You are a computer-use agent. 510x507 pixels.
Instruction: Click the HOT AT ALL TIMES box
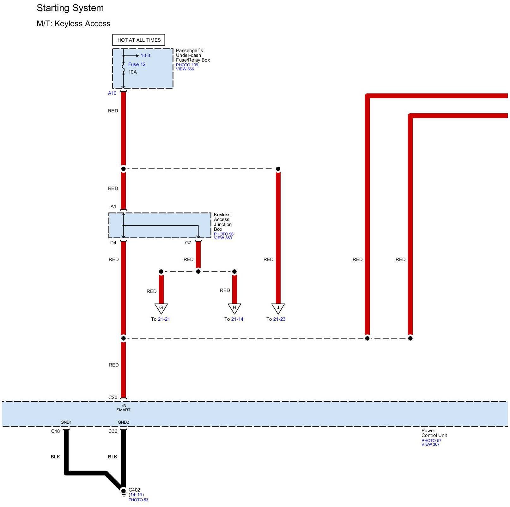(x=139, y=40)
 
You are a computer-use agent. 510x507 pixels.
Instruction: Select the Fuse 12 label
(x=137, y=64)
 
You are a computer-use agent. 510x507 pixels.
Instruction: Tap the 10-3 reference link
(x=145, y=56)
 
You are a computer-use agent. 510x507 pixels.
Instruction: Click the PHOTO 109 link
(x=187, y=65)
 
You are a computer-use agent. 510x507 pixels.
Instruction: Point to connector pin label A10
(x=112, y=93)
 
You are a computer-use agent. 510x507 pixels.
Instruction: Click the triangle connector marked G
(x=161, y=308)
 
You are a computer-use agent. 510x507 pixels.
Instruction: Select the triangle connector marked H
(x=234, y=308)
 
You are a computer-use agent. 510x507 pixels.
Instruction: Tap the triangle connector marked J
(x=278, y=308)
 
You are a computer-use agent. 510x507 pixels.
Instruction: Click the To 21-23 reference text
(x=276, y=319)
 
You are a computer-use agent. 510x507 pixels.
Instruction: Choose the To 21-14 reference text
(x=234, y=319)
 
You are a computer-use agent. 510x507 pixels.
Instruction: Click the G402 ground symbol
(x=124, y=492)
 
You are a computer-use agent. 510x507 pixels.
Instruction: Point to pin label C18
(x=55, y=431)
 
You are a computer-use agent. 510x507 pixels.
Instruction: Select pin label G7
(x=188, y=243)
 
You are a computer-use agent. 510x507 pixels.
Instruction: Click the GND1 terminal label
(x=66, y=422)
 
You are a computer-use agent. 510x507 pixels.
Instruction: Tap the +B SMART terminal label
(x=123, y=408)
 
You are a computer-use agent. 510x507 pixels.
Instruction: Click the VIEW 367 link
(x=430, y=444)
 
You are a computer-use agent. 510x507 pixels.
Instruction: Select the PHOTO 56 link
(x=224, y=234)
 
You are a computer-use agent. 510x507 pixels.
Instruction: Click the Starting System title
(x=70, y=8)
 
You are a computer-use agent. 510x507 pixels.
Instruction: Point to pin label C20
(x=113, y=397)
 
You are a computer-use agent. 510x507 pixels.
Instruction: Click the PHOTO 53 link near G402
(x=138, y=500)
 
